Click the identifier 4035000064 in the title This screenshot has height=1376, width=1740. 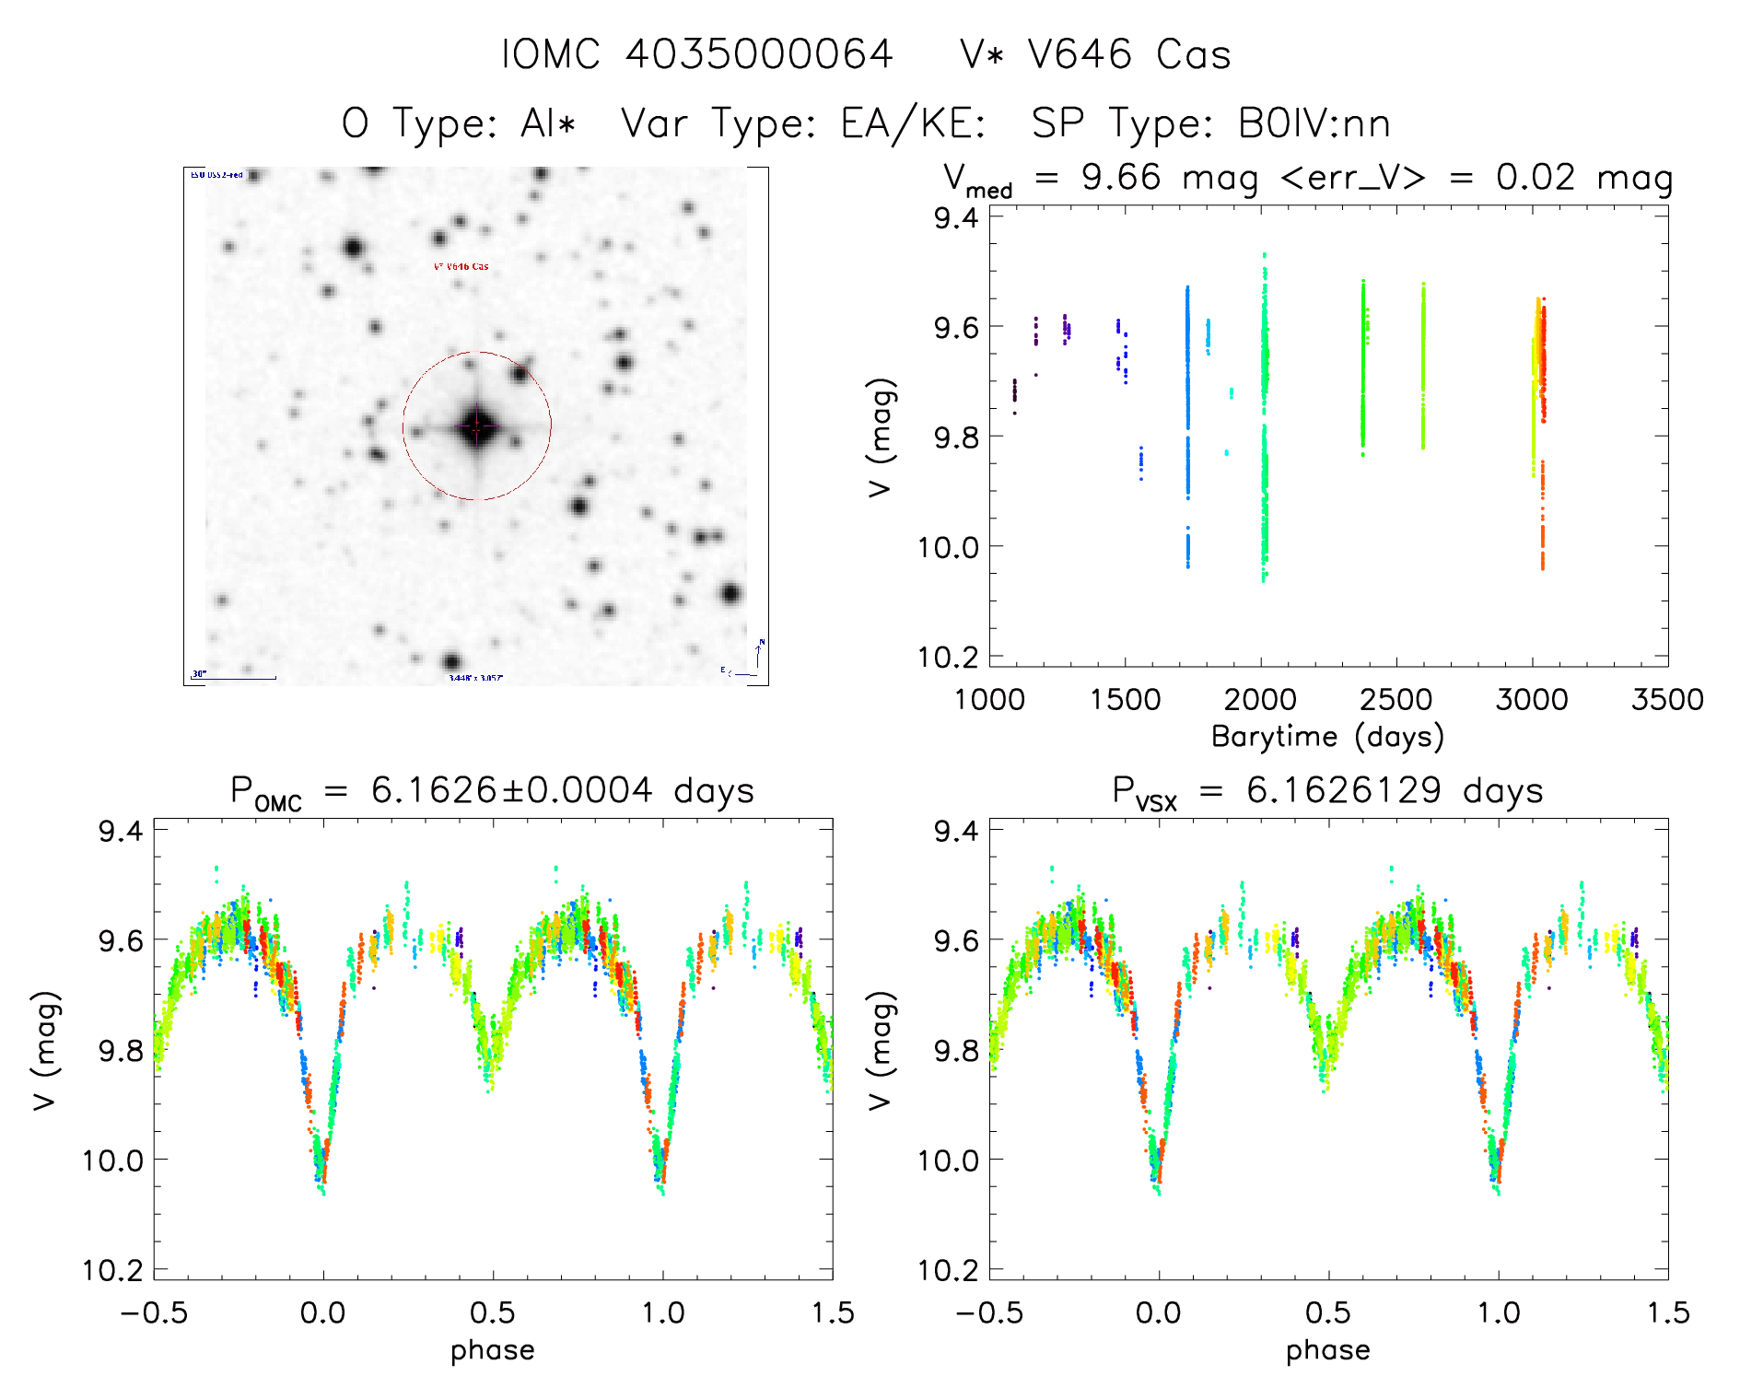759,54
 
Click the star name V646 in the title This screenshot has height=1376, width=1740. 1080,54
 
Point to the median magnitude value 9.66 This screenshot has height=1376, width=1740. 1121,177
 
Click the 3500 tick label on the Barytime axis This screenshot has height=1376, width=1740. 1666,700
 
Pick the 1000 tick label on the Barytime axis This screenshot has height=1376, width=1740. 989,700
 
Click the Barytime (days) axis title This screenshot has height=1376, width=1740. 1327,737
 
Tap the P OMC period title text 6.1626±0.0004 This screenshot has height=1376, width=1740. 511,790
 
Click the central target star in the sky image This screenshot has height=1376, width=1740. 476,426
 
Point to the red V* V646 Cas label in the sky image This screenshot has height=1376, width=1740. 461,267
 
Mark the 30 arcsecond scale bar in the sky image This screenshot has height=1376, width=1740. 234,678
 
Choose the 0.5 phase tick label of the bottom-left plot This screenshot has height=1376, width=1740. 493,1313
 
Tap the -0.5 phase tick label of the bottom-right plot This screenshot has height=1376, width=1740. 988,1313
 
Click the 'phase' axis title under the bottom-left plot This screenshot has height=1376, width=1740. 493,1350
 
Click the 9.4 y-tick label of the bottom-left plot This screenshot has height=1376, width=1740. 121,831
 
